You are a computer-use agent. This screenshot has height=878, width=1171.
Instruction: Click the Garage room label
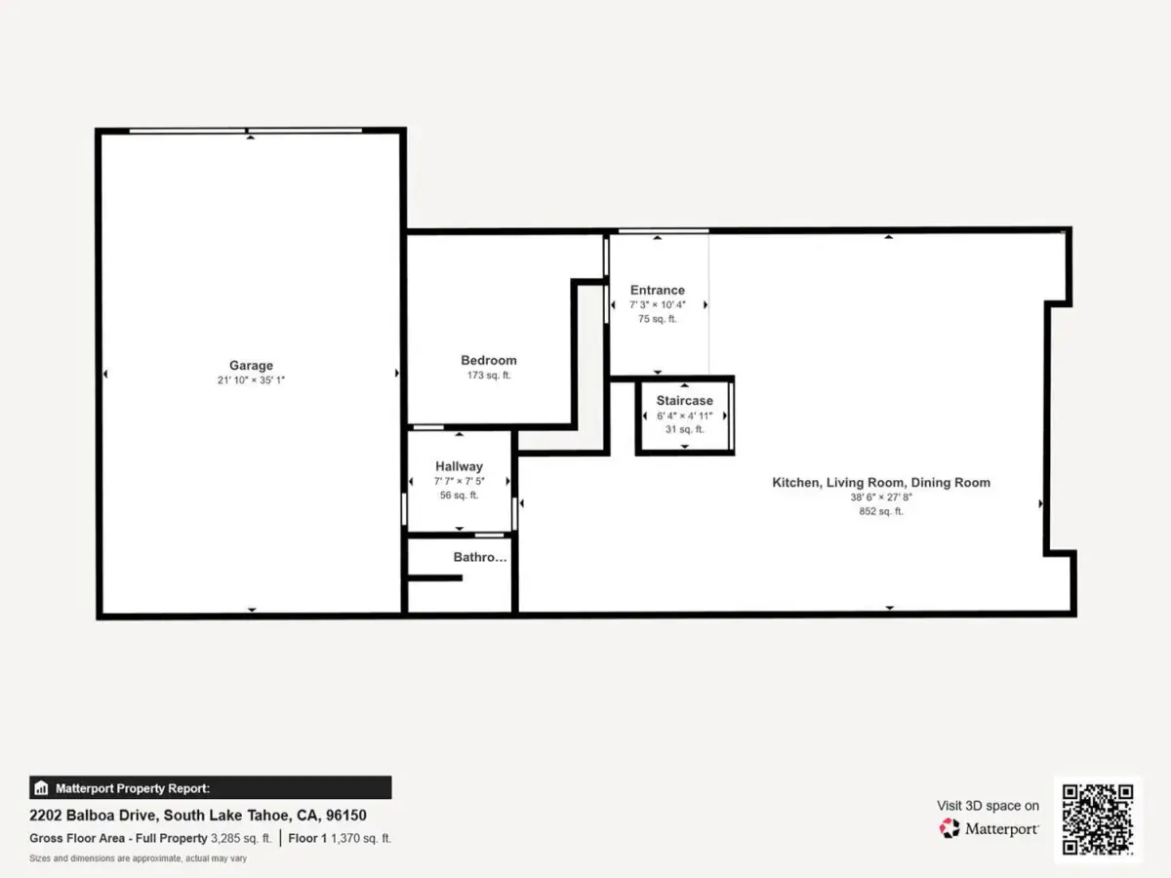tap(251, 365)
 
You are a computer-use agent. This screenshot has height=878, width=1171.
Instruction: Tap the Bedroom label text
tap(489, 360)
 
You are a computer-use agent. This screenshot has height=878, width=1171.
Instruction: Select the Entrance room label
tap(658, 290)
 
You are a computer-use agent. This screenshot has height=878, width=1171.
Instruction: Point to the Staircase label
tap(684, 400)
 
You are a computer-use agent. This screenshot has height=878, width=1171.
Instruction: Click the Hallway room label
tap(459, 466)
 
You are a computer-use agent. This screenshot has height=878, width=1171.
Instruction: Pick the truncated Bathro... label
tap(480, 557)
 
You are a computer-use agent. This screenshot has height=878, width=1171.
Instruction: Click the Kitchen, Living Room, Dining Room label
tap(881, 483)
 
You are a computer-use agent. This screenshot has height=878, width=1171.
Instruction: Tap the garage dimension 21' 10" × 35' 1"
tap(251, 380)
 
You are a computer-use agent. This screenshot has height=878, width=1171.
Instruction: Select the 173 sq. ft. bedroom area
tap(489, 376)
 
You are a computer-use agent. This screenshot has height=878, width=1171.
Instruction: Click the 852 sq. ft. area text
tap(881, 511)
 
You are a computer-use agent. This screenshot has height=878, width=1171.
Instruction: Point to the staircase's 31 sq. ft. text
tap(684, 429)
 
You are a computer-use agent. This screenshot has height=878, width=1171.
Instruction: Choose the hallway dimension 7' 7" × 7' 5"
tap(459, 481)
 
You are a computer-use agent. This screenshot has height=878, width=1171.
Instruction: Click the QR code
tap(1098, 819)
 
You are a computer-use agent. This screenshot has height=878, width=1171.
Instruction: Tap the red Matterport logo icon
tap(949, 828)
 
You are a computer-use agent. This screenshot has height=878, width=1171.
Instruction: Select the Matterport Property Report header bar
tap(210, 787)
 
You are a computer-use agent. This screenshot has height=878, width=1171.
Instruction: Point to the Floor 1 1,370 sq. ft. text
tap(340, 838)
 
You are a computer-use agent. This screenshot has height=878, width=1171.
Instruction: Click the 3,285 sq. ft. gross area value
tap(241, 838)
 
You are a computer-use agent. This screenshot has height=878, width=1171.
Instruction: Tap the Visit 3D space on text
tap(988, 806)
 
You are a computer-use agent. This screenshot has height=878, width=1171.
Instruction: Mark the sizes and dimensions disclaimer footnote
tap(139, 858)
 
